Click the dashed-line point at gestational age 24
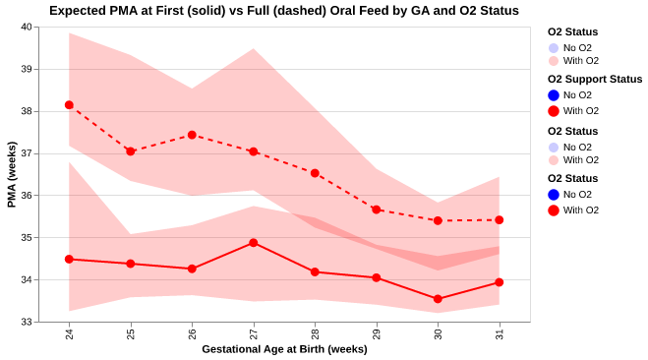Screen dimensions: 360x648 tap(69, 105)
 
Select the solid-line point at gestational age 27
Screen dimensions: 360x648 tap(254, 243)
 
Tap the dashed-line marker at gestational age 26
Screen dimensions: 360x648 tap(192, 135)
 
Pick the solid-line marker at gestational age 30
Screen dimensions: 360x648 tap(438, 299)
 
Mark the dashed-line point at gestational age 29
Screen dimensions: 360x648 tap(377, 210)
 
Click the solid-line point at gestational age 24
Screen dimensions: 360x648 tap(69, 259)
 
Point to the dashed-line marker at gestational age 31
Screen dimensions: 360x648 tap(500, 220)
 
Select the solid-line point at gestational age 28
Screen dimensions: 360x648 tap(315, 272)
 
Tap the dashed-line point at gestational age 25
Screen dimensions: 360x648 tap(131, 151)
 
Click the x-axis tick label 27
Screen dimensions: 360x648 tap(254, 334)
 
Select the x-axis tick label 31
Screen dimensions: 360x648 tap(500, 334)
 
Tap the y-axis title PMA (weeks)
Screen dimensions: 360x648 tap(11, 174)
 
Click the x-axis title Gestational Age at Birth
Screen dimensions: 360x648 tap(284, 350)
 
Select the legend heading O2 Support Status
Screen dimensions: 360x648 tap(594, 79)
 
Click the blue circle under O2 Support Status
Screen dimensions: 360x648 tap(555, 95)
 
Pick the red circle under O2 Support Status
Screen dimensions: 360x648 tap(555, 111)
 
